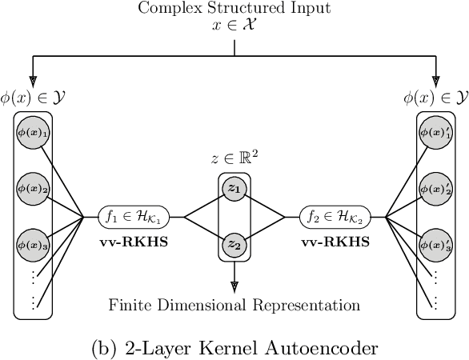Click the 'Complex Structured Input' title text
pyautogui.click(x=234, y=9)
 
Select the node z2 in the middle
pyautogui.click(x=234, y=244)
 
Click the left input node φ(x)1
pyautogui.click(x=33, y=133)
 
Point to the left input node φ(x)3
pyautogui.click(x=33, y=242)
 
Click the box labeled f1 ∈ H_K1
pyautogui.click(x=142, y=216)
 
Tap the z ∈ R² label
pyautogui.click(x=234, y=158)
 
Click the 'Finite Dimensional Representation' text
pyautogui.click(x=234, y=305)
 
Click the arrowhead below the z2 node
pyautogui.click(x=234, y=286)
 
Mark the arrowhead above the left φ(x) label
pyautogui.click(x=33, y=80)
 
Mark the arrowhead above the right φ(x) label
pyautogui.click(x=436, y=80)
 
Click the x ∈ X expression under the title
pyautogui.click(x=234, y=26)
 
